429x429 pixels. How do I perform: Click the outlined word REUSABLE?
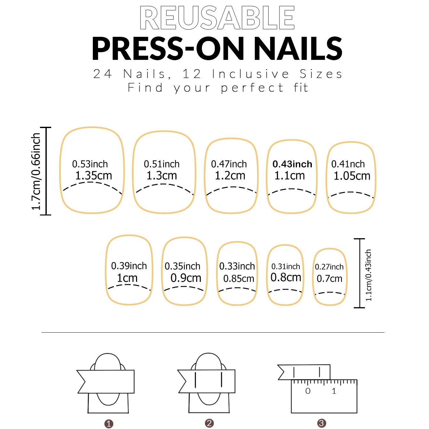pos(217,18)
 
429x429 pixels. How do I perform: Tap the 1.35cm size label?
pos(93,176)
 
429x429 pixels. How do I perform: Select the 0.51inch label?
pos(162,164)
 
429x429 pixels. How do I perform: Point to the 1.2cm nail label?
pos(230,176)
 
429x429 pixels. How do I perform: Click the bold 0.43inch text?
pos(292,164)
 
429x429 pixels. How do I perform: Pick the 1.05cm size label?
pos(352,176)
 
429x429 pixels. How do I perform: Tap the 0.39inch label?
pos(129,266)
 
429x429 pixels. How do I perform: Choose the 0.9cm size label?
pos(186,278)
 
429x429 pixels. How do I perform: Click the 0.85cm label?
pos(239,279)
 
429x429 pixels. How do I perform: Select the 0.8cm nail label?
pos(286,277)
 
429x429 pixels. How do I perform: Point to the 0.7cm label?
pos(329,279)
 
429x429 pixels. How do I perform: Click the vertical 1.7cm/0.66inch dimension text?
pos(36,172)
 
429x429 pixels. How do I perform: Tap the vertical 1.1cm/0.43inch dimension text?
pos(368,275)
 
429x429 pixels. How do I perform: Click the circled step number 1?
pos(109,424)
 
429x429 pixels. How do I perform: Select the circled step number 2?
pos(209,423)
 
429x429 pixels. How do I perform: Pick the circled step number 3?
pos(321,423)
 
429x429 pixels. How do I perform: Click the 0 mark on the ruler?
pos(308,391)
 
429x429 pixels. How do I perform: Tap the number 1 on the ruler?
pos(334,391)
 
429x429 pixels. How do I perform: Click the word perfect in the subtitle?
pos(252,88)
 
